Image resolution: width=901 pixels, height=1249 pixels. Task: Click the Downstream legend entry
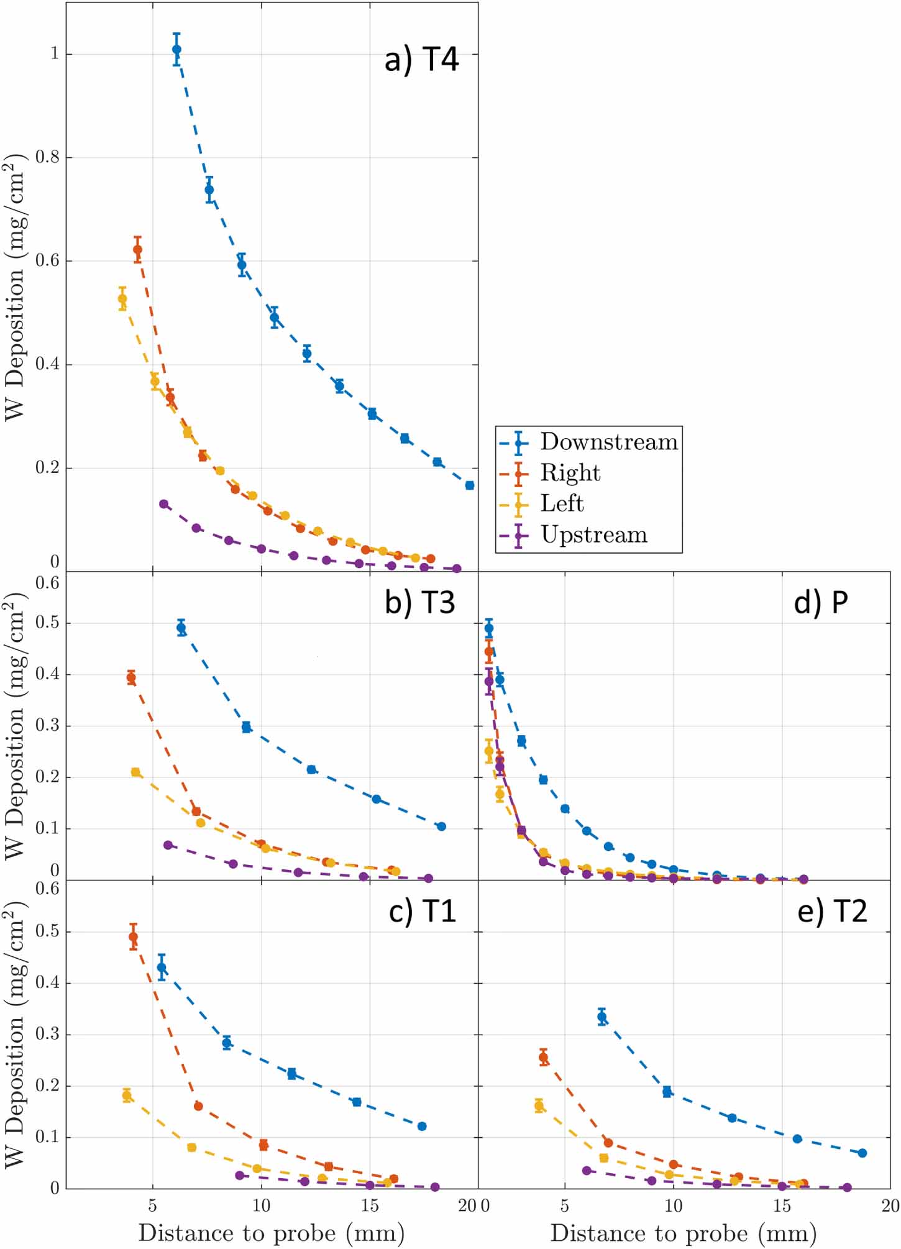coord(608,442)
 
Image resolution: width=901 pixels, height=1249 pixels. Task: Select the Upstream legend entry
coord(593,534)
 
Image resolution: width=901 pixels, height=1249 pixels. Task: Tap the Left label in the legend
coord(562,503)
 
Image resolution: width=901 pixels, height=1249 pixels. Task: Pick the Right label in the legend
coord(570,473)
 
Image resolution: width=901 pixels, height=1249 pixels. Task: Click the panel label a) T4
coord(421,60)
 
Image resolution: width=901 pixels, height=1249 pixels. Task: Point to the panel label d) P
coord(820,602)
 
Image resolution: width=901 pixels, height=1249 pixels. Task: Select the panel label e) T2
coord(831,911)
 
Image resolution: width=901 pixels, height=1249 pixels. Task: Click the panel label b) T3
coord(419,602)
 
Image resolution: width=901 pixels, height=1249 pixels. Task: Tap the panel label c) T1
coord(422,911)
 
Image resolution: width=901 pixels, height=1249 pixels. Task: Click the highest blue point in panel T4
coord(176,49)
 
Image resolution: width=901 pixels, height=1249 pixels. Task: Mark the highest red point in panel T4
coord(137,250)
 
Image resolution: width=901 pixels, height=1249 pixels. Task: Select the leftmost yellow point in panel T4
coord(122,299)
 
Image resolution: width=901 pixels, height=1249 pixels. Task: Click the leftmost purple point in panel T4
coord(163,504)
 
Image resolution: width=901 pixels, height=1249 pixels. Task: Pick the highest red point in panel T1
coord(133,937)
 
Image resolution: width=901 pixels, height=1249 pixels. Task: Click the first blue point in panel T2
coord(601,1017)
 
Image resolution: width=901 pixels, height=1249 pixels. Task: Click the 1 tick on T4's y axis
coord(54,54)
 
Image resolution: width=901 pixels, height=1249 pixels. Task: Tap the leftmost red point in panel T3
coord(131,677)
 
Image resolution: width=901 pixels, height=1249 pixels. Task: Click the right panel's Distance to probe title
coord(683,1233)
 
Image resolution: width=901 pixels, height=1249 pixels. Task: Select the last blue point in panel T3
coord(441,826)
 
